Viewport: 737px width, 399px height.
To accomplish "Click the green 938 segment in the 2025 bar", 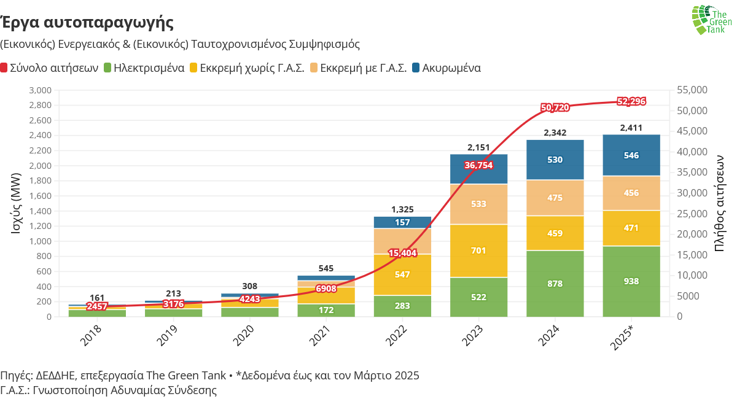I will click(x=631, y=281).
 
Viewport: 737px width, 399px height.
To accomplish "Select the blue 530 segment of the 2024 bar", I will click(x=555, y=160).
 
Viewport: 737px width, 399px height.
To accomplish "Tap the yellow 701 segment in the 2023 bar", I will click(x=478, y=250).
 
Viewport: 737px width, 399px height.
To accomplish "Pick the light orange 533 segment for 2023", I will click(x=478, y=204).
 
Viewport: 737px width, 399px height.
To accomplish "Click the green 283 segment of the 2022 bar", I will click(x=402, y=306).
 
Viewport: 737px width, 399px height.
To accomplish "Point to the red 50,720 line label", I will click(x=555, y=107).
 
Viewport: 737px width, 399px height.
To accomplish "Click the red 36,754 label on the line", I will click(x=478, y=165).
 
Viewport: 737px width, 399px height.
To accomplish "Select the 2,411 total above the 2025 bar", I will click(x=631, y=128).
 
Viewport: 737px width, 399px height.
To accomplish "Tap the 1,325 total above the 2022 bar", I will click(x=402, y=210).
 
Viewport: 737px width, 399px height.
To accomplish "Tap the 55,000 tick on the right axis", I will click(x=691, y=90).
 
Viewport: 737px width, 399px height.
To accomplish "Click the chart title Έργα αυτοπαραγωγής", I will click(x=87, y=23).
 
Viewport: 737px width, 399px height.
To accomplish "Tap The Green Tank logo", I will click(x=711, y=20).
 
